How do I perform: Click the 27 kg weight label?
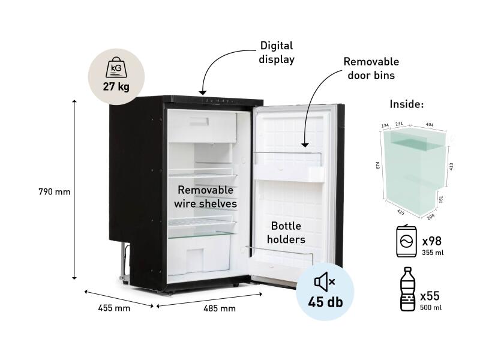[x=116, y=87]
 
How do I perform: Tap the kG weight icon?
[x=116, y=68]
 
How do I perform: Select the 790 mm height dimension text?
[x=55, y=193]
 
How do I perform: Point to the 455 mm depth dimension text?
[x=114, y=308]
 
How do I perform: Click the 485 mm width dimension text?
[x=219, y=308]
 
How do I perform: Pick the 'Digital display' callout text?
[x=277, y=52]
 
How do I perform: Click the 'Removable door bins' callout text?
[x=371, y=68]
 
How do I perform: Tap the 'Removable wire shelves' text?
[x=206, y=197]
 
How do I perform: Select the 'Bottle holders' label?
[x=286, y=233]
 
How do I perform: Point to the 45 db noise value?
[x=325, y=302]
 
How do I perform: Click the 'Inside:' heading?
[x=407, y=104]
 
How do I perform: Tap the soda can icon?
[x=407, y=242]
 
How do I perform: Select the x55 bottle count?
[x=430, y=296]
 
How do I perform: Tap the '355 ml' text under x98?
[x=431, y=253]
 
